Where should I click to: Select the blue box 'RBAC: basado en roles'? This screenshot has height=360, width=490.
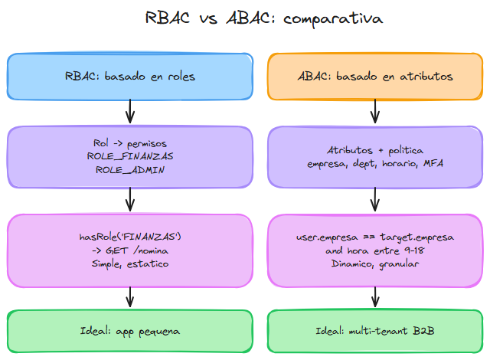pos(129,77)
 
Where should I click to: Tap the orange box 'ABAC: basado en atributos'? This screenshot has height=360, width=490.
pos(374,77)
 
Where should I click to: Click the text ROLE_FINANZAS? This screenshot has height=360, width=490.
pos(129,156)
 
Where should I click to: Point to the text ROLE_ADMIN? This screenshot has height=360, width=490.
pos(129,169)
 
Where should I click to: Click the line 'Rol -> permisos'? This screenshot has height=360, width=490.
pos(129,143)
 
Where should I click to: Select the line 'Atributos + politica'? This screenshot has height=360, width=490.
pos(374,150)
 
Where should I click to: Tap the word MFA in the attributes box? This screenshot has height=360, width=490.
pos(432,164)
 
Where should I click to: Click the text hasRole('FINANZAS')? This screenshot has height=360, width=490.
pos(129,237)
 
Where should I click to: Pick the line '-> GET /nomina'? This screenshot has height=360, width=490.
pos(129,250)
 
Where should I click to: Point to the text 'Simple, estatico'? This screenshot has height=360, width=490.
pos(129,263)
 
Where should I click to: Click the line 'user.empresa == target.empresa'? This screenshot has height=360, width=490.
pos(374,237)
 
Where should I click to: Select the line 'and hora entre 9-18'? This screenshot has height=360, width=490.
pos(374,250)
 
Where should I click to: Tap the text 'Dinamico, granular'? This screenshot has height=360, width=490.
pos(374,263)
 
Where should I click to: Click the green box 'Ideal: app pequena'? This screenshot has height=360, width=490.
pos(129,330)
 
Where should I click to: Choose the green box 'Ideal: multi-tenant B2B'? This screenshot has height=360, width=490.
pos(374,330)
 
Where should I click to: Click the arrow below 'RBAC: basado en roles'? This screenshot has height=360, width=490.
pos(129,113)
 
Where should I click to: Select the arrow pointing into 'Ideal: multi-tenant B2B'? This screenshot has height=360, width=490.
pos(374,296)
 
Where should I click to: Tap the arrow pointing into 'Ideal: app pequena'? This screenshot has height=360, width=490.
pos(129,296)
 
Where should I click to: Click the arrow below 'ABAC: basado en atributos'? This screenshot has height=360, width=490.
pos(374,113)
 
